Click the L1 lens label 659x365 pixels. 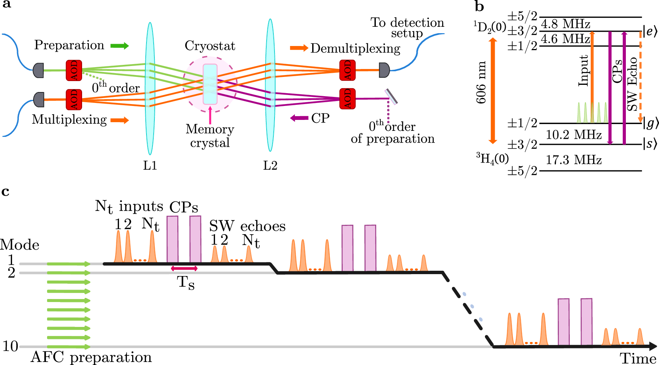tap(150, 166)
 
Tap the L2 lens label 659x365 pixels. tap(270, 166)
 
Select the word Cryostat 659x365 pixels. tap(210, 46)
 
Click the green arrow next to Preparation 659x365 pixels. tap(119, 46)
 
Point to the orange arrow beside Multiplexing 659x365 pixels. tap(119, 120)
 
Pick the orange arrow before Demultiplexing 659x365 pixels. tap(299, 48)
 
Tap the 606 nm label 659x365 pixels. tap(481, 83)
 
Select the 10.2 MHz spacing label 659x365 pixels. tap(574, 135)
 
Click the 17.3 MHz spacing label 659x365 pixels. tap(574, 160)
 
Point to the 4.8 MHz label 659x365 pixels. tap(565, 24)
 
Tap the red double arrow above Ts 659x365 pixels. tap(184, 268)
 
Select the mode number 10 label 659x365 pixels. tap(10, 346)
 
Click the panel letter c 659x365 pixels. tap(5, 191)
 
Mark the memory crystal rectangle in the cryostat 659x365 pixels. tap(210, 84)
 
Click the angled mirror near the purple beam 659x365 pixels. tap(391, 97)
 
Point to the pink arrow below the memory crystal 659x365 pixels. tap(210, 115)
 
